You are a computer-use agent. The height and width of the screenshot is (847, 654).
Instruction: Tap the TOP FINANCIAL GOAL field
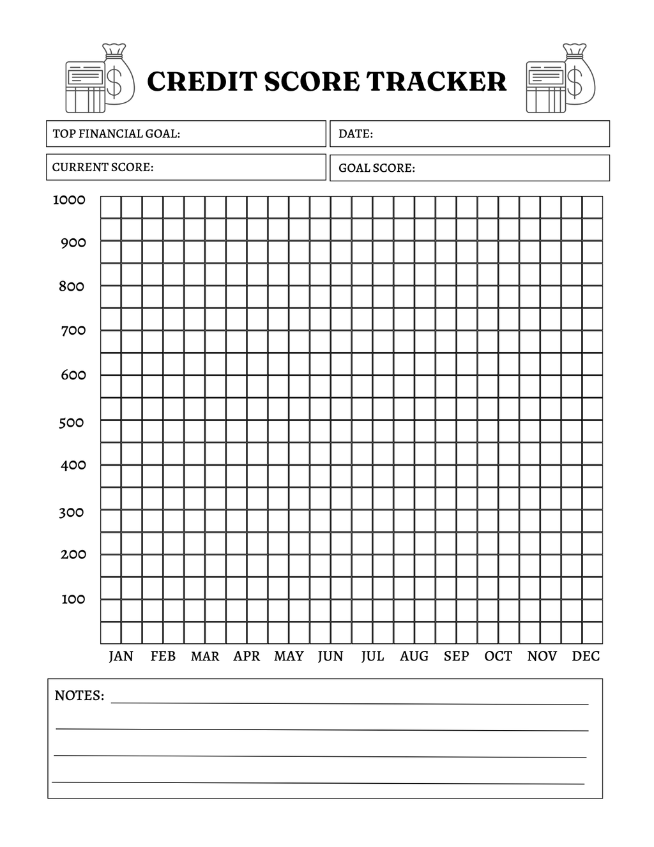pos(186,134)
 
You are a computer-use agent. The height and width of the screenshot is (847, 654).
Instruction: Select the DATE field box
pos(469,134)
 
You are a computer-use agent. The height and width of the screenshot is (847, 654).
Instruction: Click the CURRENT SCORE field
pos(186,167)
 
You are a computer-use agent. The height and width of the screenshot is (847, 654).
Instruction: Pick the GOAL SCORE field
pos(469,168)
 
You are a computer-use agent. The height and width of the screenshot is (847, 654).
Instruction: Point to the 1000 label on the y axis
pos(69,200)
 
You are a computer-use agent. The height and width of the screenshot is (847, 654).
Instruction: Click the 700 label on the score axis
pos(73,330)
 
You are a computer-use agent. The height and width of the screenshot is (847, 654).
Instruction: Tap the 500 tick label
pos(72,422)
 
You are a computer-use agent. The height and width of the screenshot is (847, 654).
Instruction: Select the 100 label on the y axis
pos(73,599)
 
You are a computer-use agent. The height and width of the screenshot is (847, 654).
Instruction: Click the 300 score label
pos(72,512)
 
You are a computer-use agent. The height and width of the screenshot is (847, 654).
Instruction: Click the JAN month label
pos(121,656)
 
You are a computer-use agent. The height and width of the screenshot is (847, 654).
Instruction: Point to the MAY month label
pos(289,656)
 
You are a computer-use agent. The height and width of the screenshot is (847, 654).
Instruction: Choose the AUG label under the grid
pos(414,656)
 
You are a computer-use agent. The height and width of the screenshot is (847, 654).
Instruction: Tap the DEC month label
pos(586,656)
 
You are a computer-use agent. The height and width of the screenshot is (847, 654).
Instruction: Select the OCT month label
pos(498,656)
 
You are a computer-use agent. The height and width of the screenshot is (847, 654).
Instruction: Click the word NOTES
pos(79,696)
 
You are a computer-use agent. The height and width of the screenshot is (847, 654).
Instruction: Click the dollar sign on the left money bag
pos(115,82)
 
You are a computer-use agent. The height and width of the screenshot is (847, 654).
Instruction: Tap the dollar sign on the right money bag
pos(575,82)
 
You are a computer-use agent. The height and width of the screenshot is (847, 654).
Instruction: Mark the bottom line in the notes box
pos(318,782)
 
